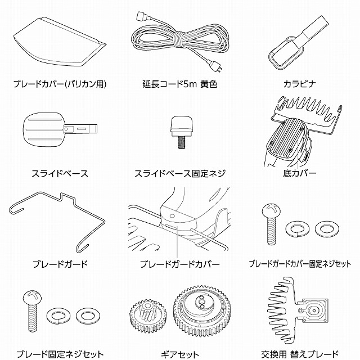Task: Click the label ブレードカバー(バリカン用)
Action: click(60, 84)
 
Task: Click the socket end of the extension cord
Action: click(141, 16)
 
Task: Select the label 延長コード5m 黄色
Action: click(180, 84)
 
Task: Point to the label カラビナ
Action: click(300, 84)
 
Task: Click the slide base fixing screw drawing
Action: click(181, 132)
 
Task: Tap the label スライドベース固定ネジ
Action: click(180, 174)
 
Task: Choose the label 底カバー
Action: click(300, 173)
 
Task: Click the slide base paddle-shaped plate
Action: click(60, 129)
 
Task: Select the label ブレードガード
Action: click(60, 264)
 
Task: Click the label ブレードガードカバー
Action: click(180, 264)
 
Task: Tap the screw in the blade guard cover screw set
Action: click(271, 224)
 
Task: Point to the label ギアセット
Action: click(180, 355)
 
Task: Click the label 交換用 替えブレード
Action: click(300, 355)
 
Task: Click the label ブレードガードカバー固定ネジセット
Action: click(300, 264)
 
